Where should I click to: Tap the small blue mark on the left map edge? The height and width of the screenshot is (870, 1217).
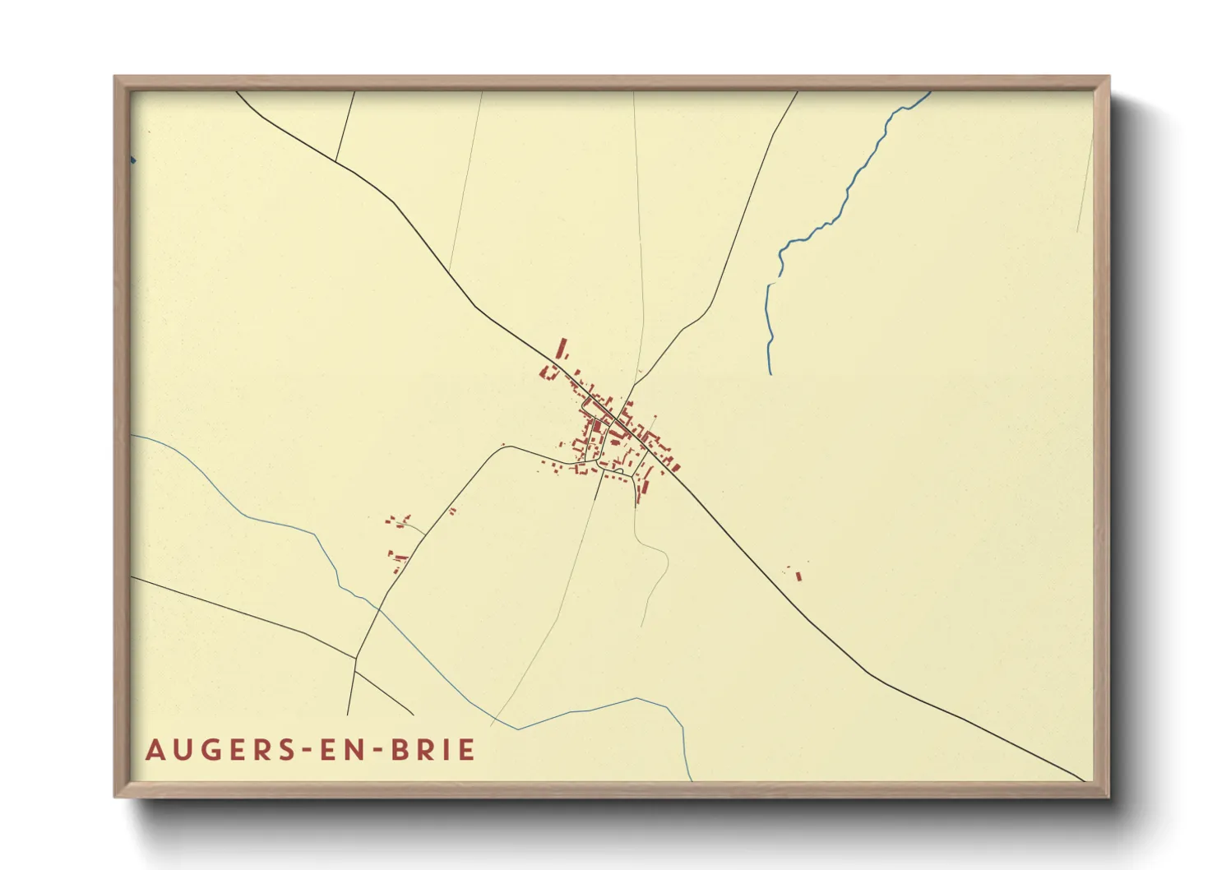[x=132, y=160]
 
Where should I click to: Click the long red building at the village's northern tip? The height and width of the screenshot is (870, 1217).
[x=562, y=349]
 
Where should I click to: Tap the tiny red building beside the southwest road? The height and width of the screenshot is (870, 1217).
[x=452, y=511]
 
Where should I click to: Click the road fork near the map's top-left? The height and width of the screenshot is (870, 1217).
[x=336, y=161]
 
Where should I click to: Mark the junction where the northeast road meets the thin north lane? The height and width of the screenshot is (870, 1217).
[x=636, y=379]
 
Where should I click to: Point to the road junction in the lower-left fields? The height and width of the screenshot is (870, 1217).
[x=355, y=658]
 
